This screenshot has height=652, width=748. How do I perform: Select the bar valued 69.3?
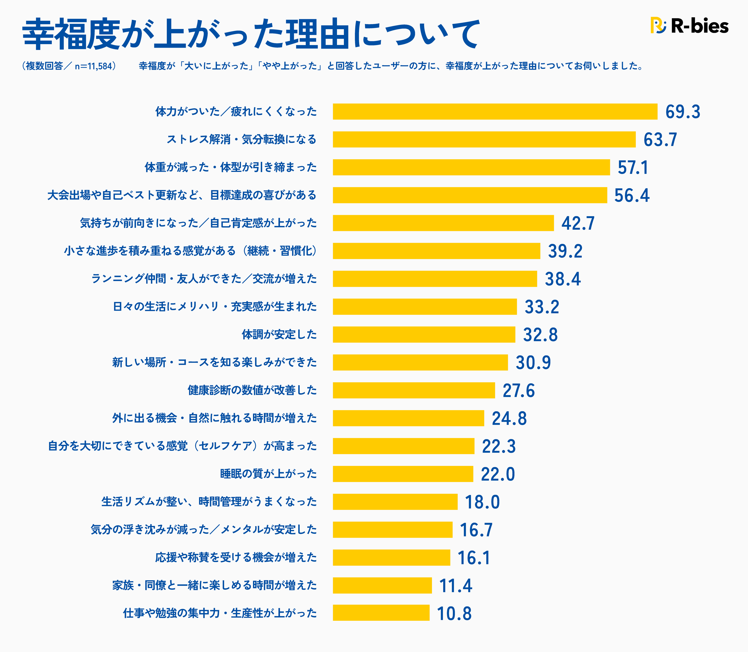pyautogui.click(x=495, y=112)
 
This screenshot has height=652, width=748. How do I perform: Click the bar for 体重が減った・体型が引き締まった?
pyautogui.click(x=471, y=167)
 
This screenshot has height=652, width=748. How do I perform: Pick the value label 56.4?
pyautogui.click(x=632, y=195)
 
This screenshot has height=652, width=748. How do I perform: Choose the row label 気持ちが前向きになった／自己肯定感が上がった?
pyautogui.click(x=198, y=223)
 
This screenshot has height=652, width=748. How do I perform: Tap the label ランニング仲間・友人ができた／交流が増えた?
pyautogui.click(x=204, y=279)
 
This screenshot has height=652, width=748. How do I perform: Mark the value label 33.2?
pyautogui.click(x=541, y=307)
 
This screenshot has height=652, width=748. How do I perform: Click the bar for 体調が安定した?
pyautogui.click(x=424, y=335)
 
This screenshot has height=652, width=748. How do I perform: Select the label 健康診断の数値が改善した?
pyautogui.click(x=252, y=390)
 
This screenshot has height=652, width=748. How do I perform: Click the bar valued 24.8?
pyautogui.click(x=408, y=418)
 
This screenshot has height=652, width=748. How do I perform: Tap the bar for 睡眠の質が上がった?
pyautogui.click(x=403, y=474)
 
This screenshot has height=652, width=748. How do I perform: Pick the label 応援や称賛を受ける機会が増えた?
pyautogui.click(x=236, y=557)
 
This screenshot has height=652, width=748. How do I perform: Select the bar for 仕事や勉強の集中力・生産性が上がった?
pyautogui.click(x=381, y=613)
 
